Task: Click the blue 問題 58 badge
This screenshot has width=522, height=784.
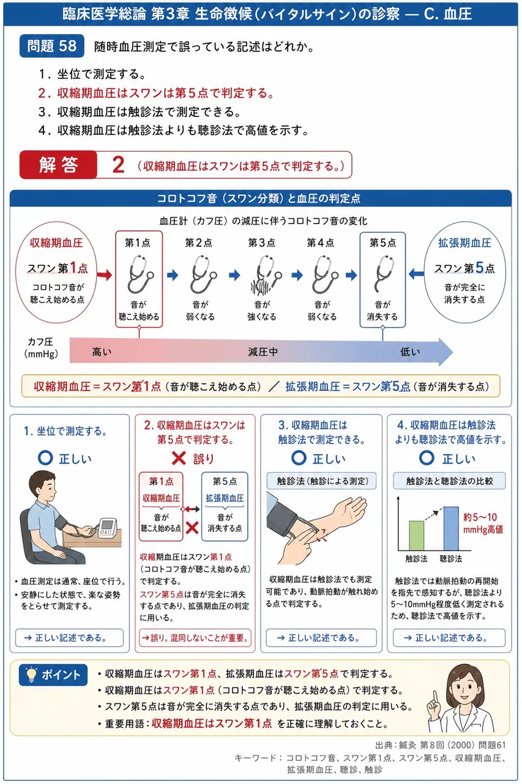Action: [x=52, y=46]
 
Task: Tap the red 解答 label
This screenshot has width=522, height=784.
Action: [x=58, y=165]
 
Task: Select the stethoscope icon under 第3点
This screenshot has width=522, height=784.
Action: [x=266, y=274]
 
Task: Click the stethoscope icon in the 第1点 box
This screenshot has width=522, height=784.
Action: [x=140, y=274]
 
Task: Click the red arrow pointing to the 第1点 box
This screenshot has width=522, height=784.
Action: [x=104, y=275]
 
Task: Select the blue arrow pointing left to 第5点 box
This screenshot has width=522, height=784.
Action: [x=416, y=274]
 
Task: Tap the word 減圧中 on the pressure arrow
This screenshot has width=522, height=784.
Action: [x=263, y=352]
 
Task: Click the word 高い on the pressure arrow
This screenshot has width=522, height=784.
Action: [x=102, y=352]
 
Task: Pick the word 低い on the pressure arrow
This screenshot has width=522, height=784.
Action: [x=410, y=352]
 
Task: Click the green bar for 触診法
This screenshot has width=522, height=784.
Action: [x=416, y=535]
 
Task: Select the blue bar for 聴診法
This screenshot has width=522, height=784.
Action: [x=451, y=529]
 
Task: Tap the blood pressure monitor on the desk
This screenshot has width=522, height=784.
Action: [x=108, y=528]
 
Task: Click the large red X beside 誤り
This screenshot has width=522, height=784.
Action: [x=179, y=458]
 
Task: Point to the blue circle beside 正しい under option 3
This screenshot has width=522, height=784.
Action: [x=299, y=458]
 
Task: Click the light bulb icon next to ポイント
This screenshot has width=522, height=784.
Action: [x=31, y=674]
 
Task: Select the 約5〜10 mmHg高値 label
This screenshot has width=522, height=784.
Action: [x=483, y=523]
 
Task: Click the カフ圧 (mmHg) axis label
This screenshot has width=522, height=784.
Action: [x=40, y=348]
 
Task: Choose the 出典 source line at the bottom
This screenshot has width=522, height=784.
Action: [x=441, y=745]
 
